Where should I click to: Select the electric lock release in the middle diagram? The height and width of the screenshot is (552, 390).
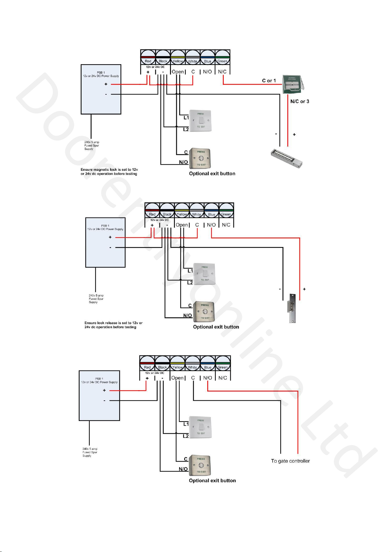292,308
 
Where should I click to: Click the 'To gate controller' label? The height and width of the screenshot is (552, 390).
290,461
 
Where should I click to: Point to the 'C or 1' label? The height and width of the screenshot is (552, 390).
269,81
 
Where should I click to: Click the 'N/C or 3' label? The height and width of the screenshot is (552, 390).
300,102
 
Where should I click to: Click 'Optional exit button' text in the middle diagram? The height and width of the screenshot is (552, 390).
216,327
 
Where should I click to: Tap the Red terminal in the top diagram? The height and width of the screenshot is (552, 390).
148,58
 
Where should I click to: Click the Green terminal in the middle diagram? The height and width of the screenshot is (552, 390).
226,211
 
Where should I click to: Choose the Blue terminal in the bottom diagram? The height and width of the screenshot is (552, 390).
208,364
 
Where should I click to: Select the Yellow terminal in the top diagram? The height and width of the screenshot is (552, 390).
178,58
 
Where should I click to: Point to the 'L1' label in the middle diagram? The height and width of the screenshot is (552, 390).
190,271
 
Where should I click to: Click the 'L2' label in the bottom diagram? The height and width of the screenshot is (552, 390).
186,436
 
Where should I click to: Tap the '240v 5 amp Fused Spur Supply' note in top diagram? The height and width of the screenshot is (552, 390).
91,146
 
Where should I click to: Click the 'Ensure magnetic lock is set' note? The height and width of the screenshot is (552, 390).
109,172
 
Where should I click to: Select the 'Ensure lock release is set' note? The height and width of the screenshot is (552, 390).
113,325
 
